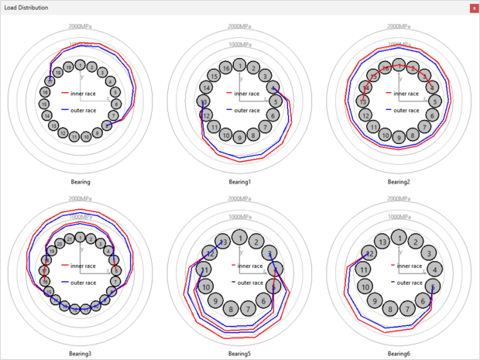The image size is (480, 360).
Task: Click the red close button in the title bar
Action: tap(474, 7)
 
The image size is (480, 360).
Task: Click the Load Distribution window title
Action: tap(26, 7)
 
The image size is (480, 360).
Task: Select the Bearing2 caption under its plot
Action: tap(398, 182)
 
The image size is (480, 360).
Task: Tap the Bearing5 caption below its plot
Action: tap(240, 353)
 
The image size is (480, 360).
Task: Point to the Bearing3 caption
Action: tap(80, 353)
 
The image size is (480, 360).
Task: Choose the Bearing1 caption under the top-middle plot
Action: tap(240, 182)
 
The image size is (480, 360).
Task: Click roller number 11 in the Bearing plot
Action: tap(74, 137)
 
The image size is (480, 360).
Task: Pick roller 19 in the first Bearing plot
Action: tap(69, 68)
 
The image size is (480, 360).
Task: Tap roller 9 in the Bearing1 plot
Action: tap(240, 138)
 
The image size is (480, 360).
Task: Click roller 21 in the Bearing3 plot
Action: tap(70, 241)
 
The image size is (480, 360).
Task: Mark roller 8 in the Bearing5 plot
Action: tap(231, 310)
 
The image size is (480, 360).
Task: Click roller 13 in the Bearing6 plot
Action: tap(381, 241)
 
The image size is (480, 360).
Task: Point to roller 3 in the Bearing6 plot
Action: tap(428, 253)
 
